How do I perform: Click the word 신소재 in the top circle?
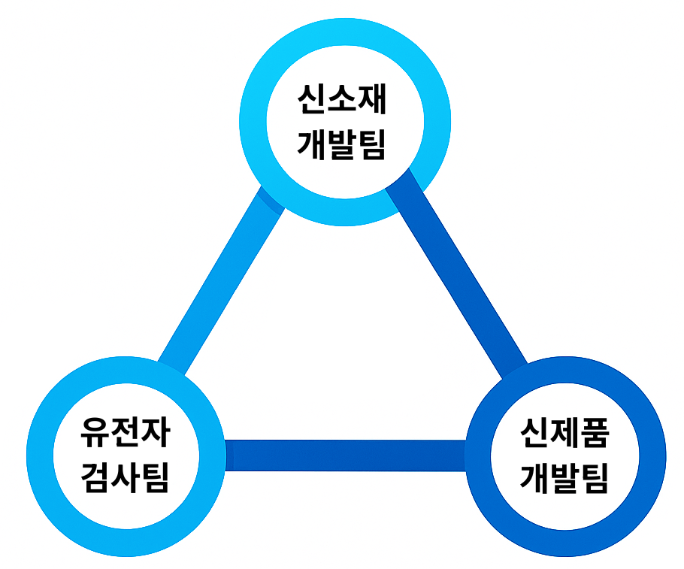pyautogui.click(x=342, y=100)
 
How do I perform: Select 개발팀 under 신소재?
pyautogui.click(x=342, y=143)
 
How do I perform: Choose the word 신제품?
pyautogui.click(x=564, y=434)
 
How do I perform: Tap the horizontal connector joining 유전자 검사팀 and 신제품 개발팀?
pyautogui.click(x=346, y=456)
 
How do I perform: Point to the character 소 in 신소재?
pyautogui.click(x=342, y=100)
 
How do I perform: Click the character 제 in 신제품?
pyautogui.click(x=564, y=434)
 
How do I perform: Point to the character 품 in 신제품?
pyautogui.click(x=595, y=434)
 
